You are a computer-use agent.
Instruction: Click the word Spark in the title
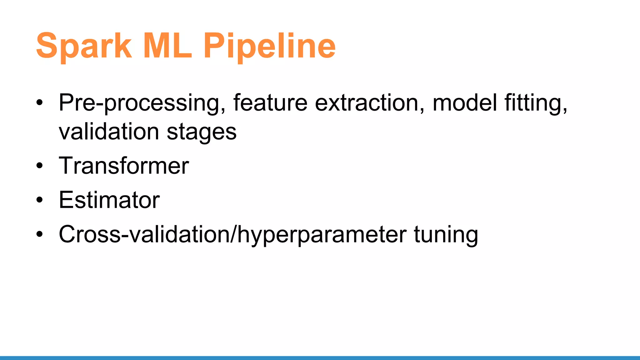pos(84,46)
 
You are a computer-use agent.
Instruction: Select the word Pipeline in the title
pos(269,46)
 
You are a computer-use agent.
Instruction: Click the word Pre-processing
pos(139,103)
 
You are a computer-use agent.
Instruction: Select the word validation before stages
pos(109,131)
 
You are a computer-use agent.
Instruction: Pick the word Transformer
pos(124,166)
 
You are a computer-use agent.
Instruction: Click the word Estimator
pos(109,200)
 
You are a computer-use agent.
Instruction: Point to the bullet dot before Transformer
pos(39,166)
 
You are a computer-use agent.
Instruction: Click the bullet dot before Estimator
pos(39,200)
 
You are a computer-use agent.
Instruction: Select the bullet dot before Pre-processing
pos(39,103)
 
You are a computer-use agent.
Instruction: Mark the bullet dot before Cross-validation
pos(39,234)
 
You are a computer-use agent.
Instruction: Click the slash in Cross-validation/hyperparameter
pos(233,234)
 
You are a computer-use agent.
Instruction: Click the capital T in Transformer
pos(66,166)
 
